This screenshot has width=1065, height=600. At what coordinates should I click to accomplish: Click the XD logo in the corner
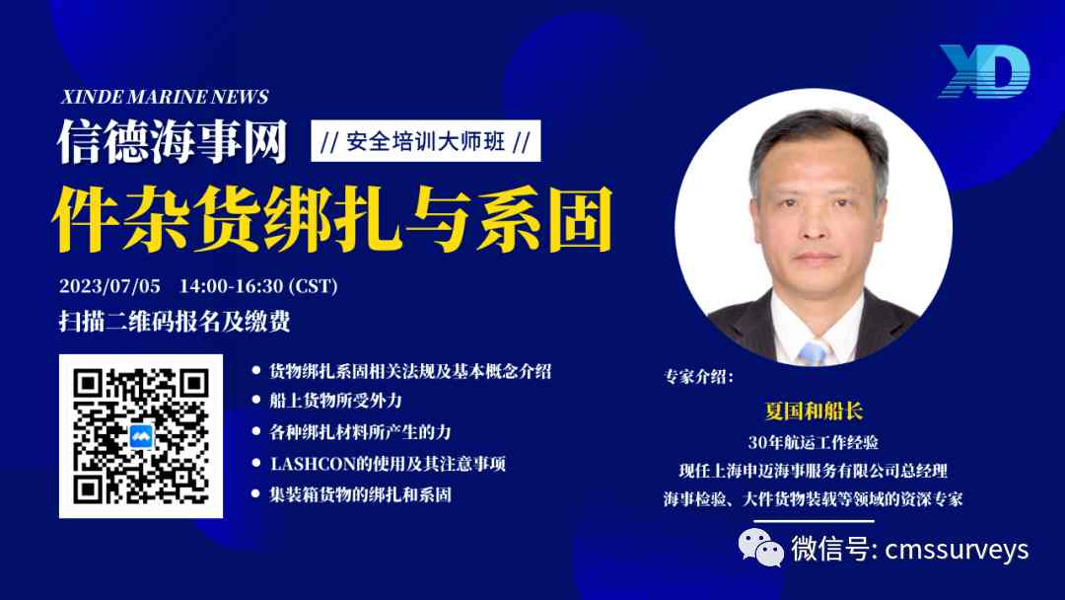pyautogui.click(x=985, y=71)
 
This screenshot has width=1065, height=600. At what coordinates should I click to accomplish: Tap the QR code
pyautogui.click(x=141, y=436)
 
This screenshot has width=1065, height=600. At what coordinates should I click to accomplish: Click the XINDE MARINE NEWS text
pyautogui.click(x=165, y=97)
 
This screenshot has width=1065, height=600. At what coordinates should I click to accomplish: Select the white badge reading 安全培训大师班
pyautogui.click(x=426, y=141)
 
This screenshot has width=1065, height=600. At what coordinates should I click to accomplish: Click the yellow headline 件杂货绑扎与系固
pyautogui.click(x=332, y=218)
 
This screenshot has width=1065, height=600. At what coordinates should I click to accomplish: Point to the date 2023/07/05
pyautogui.click(x=110, y=286)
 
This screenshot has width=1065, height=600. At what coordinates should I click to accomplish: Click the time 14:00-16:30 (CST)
pyautogui.click(x=258, y=286)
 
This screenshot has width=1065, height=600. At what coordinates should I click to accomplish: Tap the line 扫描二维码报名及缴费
pyautogui.click(x=175, y=322)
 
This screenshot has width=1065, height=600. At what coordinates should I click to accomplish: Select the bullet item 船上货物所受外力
pyautogui.click(x=336, y=401)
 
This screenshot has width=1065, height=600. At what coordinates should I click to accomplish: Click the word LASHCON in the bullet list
pyautogui.click(x=314, y=464)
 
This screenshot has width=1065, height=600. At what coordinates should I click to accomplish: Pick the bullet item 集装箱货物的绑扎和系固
pyautogui.click(x=361, y=494)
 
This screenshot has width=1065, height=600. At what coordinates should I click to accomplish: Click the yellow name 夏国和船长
pyautogui.click(x=814, y=412)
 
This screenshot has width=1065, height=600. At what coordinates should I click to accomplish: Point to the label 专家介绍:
pyautogui.click(x=698, y=376)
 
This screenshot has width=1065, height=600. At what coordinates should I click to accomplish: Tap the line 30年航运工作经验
pyautogui.click(x=813, y=442)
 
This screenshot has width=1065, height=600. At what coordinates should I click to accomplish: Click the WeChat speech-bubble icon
pyautogui.click(x=760, y=548)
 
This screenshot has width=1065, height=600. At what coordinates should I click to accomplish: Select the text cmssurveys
pyautogui.click(x=957, y=550)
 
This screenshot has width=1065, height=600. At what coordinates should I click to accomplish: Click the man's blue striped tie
pyautogui.click(x=813, y=352)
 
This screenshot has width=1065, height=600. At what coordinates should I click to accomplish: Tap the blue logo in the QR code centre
pyautogui.click(x=141, y=436)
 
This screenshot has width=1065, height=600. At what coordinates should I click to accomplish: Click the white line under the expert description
pyautogui.click(x=814, y=521)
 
